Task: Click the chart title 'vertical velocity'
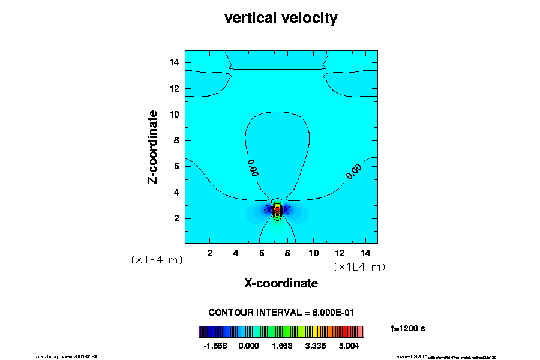[x=281, y=18]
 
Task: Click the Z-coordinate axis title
[x=153, y=146]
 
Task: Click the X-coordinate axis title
[x=281, y=283]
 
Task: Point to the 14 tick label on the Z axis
[x=174, y=63]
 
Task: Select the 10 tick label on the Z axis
[x=174, y=115]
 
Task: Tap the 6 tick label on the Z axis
[x=176, y=166]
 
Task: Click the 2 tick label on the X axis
[x=211, y=253]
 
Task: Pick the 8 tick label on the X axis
[x=287, y=253]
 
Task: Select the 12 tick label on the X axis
[x=339, y=253]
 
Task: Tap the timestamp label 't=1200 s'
[x=408, y=329]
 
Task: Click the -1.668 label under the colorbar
[x=215, y=346]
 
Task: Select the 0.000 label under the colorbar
[x=248, y=346]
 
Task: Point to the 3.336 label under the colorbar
[x=315, y=346]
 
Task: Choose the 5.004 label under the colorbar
[x=349, y=346]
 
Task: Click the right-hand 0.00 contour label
[x=354, y=172]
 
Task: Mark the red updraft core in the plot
[x=277, y=211]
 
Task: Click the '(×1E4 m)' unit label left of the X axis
[x=157, y=260]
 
